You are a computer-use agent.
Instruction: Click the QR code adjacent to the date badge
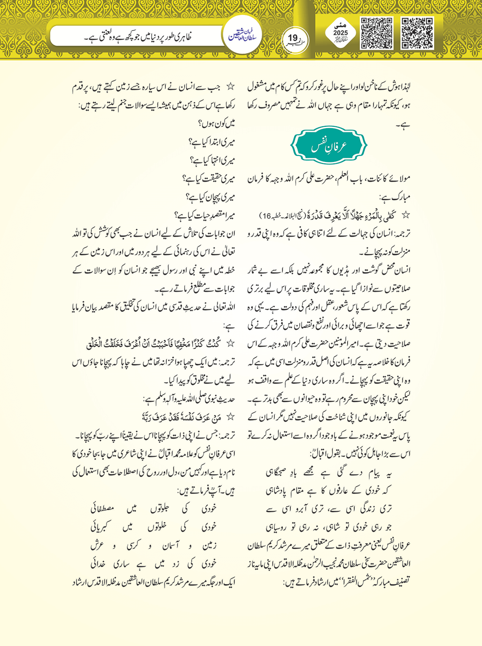coord(376,33)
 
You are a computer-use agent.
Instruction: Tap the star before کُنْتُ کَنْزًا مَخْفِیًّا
coord(230,344)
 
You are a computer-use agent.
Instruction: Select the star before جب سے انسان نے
coord(230,87)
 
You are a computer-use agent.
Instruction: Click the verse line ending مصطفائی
coord(154,509)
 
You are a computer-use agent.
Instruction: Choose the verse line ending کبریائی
coord(154,527)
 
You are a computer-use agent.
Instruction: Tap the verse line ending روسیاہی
coord(329,527)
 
